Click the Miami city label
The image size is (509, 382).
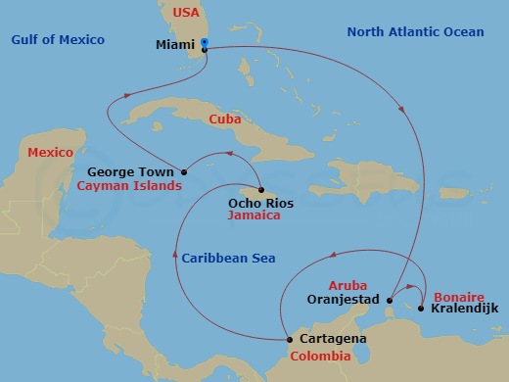click(x=176, y=45)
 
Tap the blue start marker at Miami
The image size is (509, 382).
click(x=205, y=42)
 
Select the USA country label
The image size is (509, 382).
click(x=186, y=12)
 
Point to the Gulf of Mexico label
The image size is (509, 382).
click(x=58, y=39)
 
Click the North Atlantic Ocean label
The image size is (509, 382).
click(x=415, y=32)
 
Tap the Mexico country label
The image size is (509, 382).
click(x=50, y=153)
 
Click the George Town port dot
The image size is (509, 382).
click(x=184, y=172)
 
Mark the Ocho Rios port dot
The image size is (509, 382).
click(x=261, y=190)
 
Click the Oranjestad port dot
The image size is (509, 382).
click(x=389, y=300)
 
